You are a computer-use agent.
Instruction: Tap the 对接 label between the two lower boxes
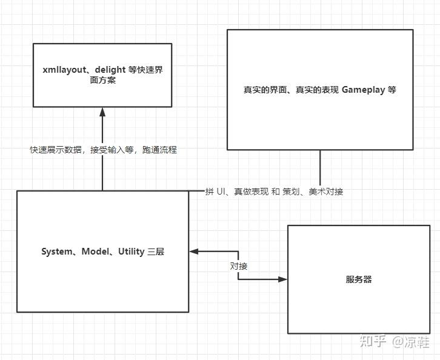point(238,265)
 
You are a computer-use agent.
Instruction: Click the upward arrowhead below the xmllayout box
point(102,112)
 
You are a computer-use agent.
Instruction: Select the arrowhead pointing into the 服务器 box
point(282,279)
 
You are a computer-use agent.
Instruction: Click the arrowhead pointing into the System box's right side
point(193,251)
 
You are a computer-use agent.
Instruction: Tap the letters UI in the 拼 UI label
point(221,192)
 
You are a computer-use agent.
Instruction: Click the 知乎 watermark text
point(373,341)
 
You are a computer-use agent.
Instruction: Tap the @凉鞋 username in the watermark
point(410,341)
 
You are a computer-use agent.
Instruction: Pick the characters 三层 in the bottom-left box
point(156,252)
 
